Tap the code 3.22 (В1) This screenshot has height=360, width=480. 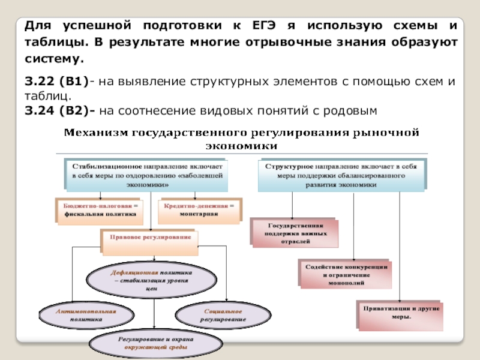pyautogui.click(x=56, y=81)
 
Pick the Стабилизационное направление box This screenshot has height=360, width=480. pyautogui.click(x=147, y=174)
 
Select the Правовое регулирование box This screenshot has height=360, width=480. pyautogui.click(x=151, y=238)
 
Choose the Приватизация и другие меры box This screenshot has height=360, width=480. pyautogui.click(x=401, y=313)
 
